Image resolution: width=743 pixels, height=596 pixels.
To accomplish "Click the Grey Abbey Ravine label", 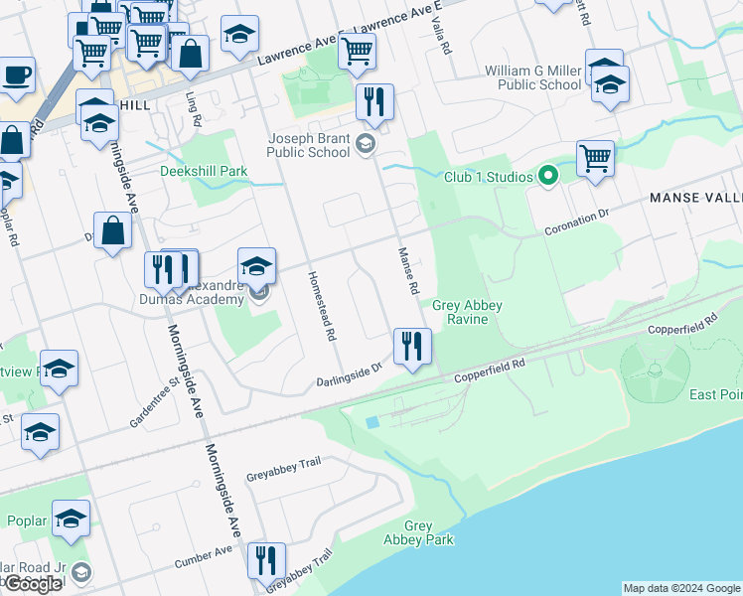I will coord(467,313).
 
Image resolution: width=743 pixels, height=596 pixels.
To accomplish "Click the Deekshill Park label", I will coord(204,171).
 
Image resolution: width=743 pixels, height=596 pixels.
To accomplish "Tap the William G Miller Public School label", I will coord(532,77).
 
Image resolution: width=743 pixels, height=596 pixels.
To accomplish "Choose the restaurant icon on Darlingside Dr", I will coord(409,346).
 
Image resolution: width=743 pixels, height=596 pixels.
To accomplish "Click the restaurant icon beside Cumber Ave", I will coord(265,561).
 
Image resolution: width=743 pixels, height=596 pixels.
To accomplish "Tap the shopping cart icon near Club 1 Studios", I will coord(595,157).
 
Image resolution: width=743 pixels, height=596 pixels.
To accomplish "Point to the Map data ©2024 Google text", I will coord(681,588).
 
